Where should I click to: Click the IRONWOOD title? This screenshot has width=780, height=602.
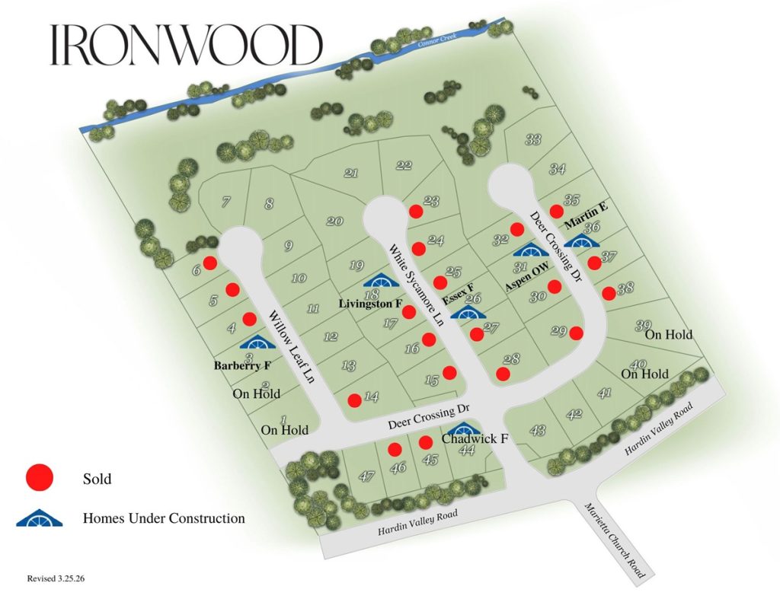coord(186,46)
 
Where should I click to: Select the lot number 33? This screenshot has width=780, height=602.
coord(533,139)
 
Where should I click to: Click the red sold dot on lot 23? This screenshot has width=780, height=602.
coord(416,211)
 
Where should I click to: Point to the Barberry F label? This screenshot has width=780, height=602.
coord(241,365)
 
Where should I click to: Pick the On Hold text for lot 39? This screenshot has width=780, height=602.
coord(669,334)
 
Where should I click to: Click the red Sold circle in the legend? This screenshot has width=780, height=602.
coord(39,478)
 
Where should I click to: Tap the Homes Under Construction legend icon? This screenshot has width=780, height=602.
coord(39,518)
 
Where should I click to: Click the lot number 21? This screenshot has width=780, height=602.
coord(351,174)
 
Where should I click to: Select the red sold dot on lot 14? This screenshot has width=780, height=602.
coord(354,400)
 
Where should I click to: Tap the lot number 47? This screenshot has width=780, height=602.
coord(367,476)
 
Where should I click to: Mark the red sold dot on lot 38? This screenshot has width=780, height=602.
coord(609,293)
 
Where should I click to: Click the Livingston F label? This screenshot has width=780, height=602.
coord(370,304)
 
